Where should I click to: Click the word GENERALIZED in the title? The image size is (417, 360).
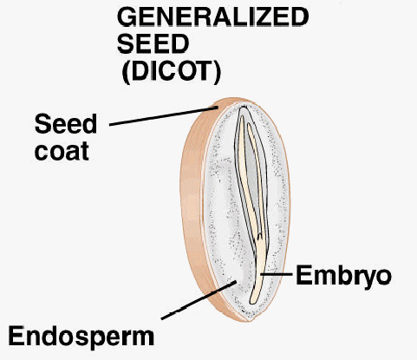(213, 17)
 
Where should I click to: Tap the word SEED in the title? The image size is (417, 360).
(153, 43)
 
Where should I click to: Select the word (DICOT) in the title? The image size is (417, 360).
(172, 71)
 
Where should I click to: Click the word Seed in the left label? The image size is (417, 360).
(66, 124)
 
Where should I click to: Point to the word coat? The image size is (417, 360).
(62, 151)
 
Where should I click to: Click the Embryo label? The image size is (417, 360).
(343, 276)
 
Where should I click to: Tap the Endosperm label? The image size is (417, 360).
(81, 337)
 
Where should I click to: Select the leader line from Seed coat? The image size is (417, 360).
(164, 116)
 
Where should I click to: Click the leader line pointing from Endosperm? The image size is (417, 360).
(199, 300)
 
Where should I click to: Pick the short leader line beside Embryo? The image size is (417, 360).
(277, 274)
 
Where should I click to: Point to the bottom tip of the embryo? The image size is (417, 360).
(252, 303)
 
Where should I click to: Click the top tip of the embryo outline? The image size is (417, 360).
(244, 108)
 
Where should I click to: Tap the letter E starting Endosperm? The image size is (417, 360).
(16, 336)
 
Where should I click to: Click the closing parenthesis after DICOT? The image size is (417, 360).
(217, 72)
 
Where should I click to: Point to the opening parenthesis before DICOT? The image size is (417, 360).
(126, 72)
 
